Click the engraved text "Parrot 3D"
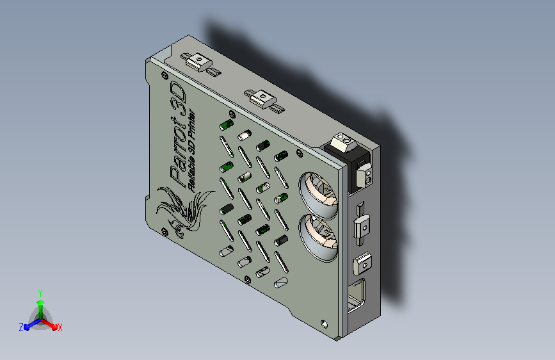178,134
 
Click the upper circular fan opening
318,195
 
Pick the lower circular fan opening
318,238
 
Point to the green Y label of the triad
40,293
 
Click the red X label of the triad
60,328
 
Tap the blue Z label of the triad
21,327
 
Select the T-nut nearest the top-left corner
200,64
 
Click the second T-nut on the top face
264,101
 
